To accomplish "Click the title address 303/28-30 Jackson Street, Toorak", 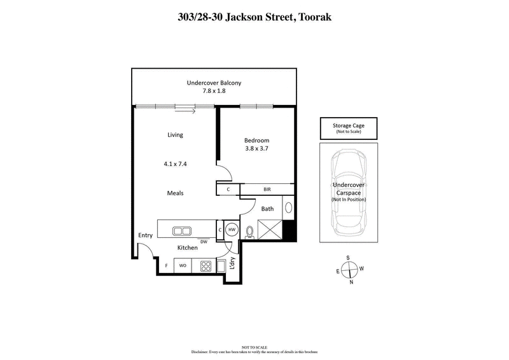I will [254, 18].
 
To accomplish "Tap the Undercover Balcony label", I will [214, 83].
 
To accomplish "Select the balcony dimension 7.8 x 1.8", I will [214, 91].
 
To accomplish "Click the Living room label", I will [175, 135].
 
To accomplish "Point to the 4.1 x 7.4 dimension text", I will [175, 163].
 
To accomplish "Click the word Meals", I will [175, 193].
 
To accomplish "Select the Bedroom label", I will [257, 141].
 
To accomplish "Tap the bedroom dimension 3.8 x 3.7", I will [257, 149].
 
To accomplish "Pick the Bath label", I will [267, 208].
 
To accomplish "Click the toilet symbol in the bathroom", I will [250, 232].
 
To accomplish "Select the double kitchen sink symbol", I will [181, 230].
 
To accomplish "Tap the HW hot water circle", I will [232, 230].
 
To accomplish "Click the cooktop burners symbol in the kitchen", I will [206, 265].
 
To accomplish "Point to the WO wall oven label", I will [182, 265].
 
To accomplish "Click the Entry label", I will [145, 235].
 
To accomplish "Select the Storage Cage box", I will [348, 128].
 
